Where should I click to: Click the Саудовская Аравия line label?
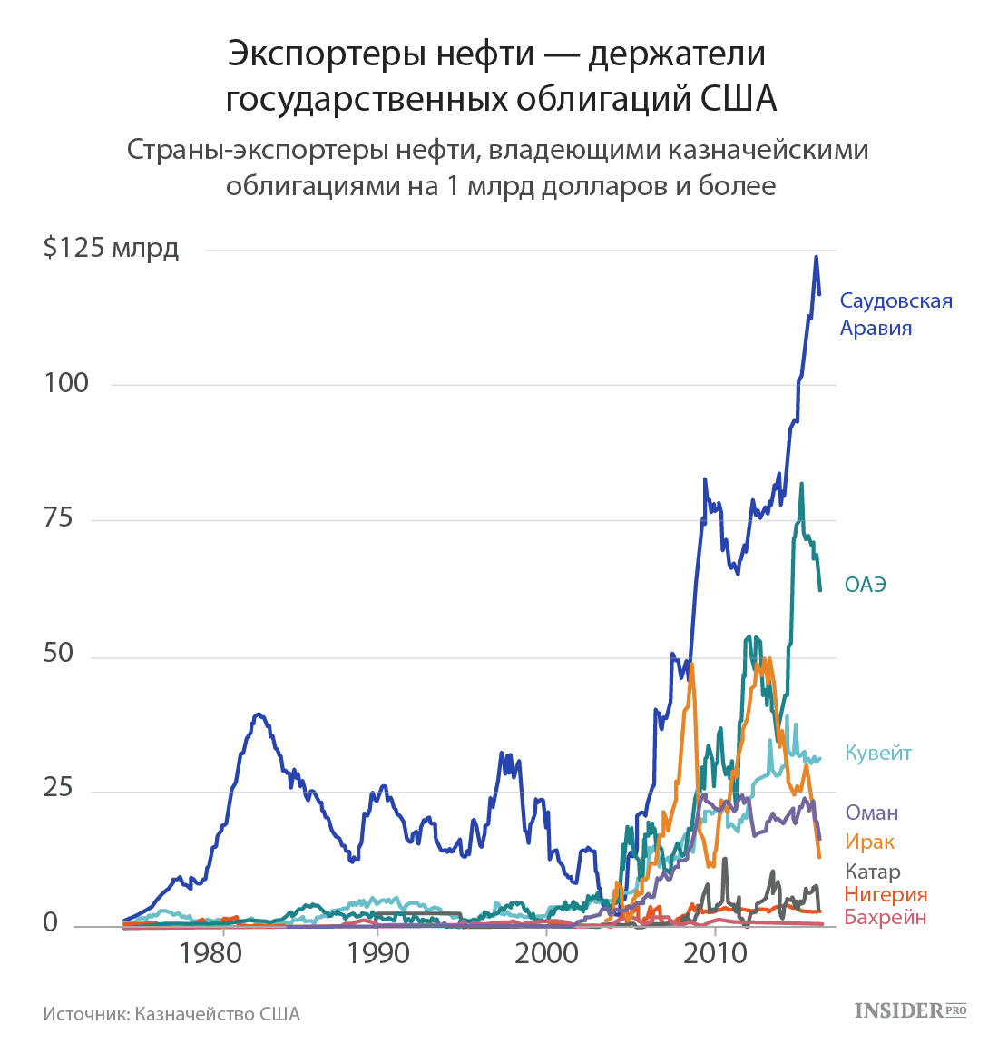895,314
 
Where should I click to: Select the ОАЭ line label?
865,585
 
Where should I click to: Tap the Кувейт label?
877,753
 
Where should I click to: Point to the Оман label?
871,813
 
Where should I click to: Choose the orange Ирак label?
869,842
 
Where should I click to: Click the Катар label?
872,872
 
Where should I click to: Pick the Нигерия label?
885,894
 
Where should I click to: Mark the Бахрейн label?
885,917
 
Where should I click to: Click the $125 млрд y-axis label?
111,248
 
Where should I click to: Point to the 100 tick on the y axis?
66,383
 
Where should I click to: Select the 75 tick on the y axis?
57,518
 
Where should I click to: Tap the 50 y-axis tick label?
57,654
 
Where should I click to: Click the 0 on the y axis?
50,923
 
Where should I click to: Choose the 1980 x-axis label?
210,953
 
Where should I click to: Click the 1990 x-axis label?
378,953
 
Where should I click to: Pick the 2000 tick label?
547,953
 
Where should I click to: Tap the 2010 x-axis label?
716,953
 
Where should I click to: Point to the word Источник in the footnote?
84,1013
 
